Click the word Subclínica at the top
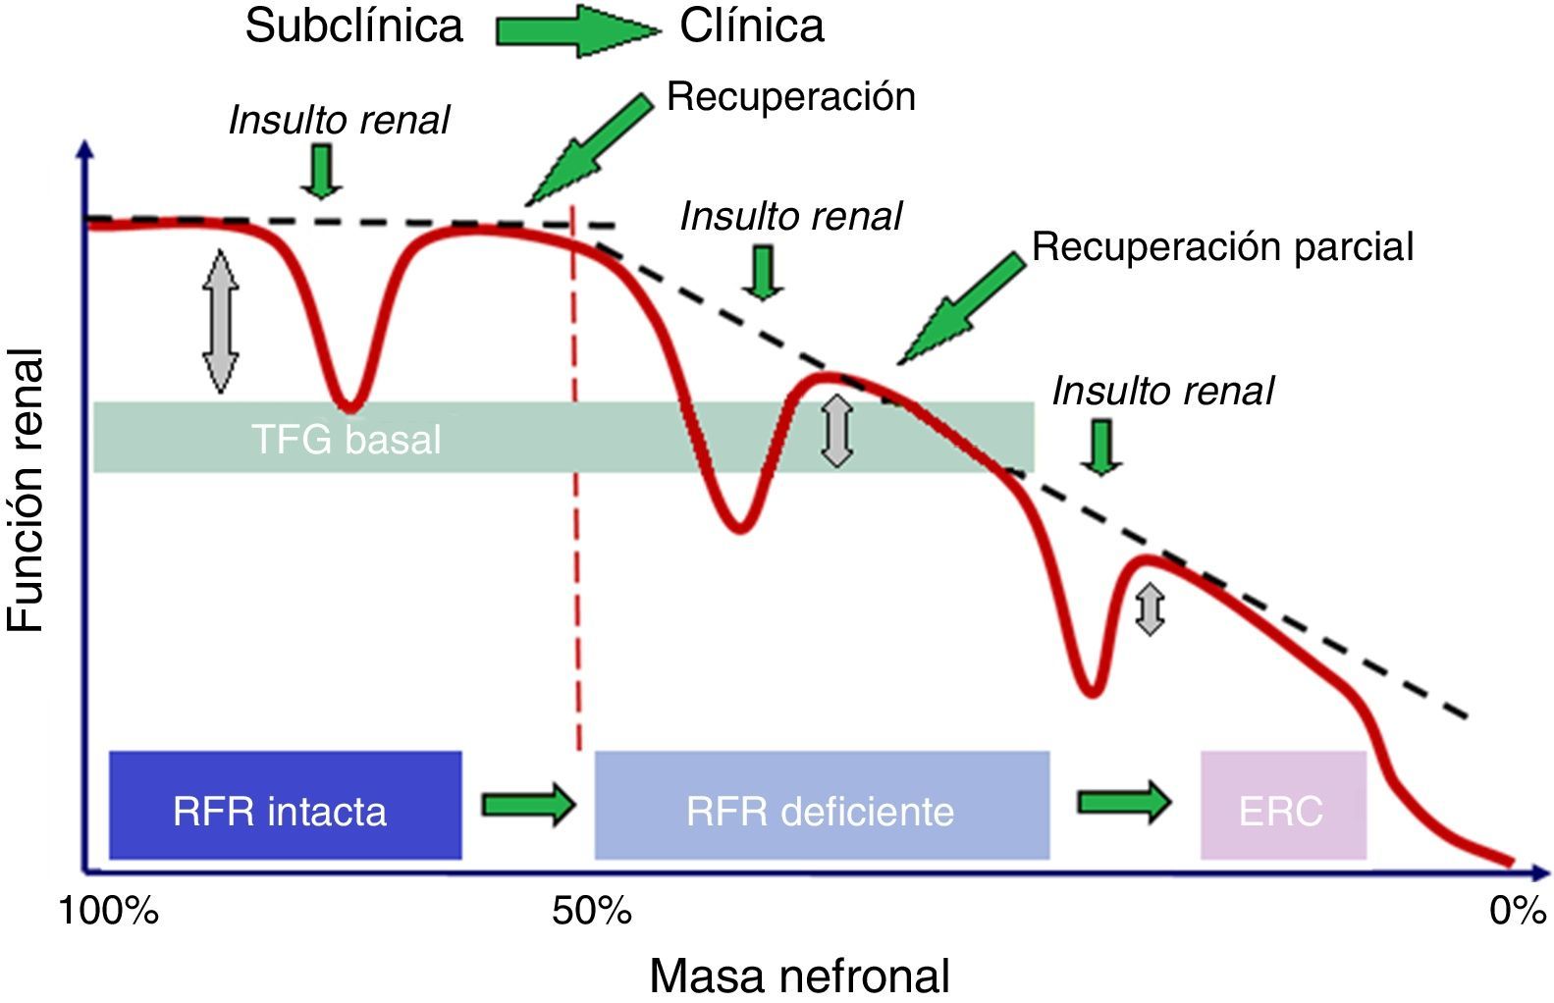(353, 26)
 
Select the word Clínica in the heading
(752, 26)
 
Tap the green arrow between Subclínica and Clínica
(574, 29)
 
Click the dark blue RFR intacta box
(285, 805)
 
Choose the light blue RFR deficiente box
(822, 805)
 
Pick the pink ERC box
(1283, 805)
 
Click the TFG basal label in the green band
(346, 439)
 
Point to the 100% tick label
(108, 912)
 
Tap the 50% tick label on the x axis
(592, 912)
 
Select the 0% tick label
(1517, 912)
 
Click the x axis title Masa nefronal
(799, 976)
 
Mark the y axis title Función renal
(27, 491)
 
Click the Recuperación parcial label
(1222, 246)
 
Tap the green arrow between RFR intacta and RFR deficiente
(527, 804)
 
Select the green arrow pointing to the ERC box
(1124, 802)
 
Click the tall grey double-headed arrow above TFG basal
(221, 321)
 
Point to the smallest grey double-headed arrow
(1150, 608)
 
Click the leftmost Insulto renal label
(339, 120)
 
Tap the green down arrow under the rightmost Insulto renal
(1102, 448)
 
